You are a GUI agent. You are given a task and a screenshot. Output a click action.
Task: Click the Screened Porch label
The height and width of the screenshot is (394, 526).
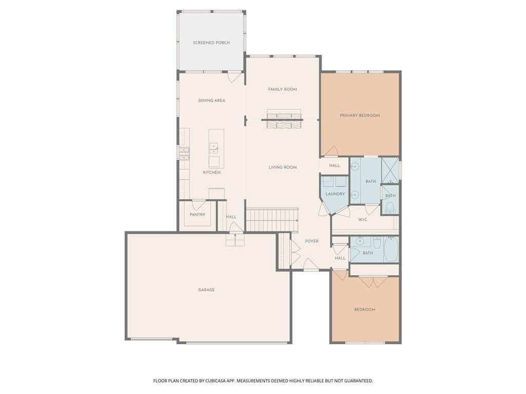click(211, 43)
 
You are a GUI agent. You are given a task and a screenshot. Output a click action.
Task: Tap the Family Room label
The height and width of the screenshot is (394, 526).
click(283, 89)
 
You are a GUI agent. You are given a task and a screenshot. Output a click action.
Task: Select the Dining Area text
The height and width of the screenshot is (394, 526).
click(212, 100)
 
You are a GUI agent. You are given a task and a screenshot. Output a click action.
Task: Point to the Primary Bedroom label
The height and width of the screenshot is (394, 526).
click(360, 115)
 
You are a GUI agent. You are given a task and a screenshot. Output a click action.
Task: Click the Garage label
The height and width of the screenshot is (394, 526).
click(206, 290)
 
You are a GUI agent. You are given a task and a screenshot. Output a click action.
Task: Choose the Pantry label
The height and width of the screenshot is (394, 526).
click(197, 214)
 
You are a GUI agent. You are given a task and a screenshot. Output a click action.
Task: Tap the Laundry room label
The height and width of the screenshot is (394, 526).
click(335, 193)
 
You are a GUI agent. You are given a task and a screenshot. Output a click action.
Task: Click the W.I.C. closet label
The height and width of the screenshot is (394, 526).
click(363, 220)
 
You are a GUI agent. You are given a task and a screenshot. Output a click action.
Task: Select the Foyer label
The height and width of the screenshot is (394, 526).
click(312, 241)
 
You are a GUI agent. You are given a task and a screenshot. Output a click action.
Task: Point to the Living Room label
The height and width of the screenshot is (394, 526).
click(283, 167)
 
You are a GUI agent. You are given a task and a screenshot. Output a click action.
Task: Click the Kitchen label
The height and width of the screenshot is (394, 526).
click(212, 172)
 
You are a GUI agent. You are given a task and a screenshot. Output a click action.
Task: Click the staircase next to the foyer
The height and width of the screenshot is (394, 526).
click(272, 220)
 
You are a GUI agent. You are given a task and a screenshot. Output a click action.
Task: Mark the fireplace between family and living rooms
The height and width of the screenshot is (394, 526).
click(285, 119)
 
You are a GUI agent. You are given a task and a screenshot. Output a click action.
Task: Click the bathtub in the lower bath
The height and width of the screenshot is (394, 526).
click(390, 249)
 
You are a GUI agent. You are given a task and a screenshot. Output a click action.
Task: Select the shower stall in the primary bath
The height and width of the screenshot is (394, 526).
click(390, 170)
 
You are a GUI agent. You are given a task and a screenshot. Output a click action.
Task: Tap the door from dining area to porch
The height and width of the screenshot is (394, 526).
click(234, 77)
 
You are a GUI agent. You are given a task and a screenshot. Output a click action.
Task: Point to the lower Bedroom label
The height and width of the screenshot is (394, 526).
click(365, 309)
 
